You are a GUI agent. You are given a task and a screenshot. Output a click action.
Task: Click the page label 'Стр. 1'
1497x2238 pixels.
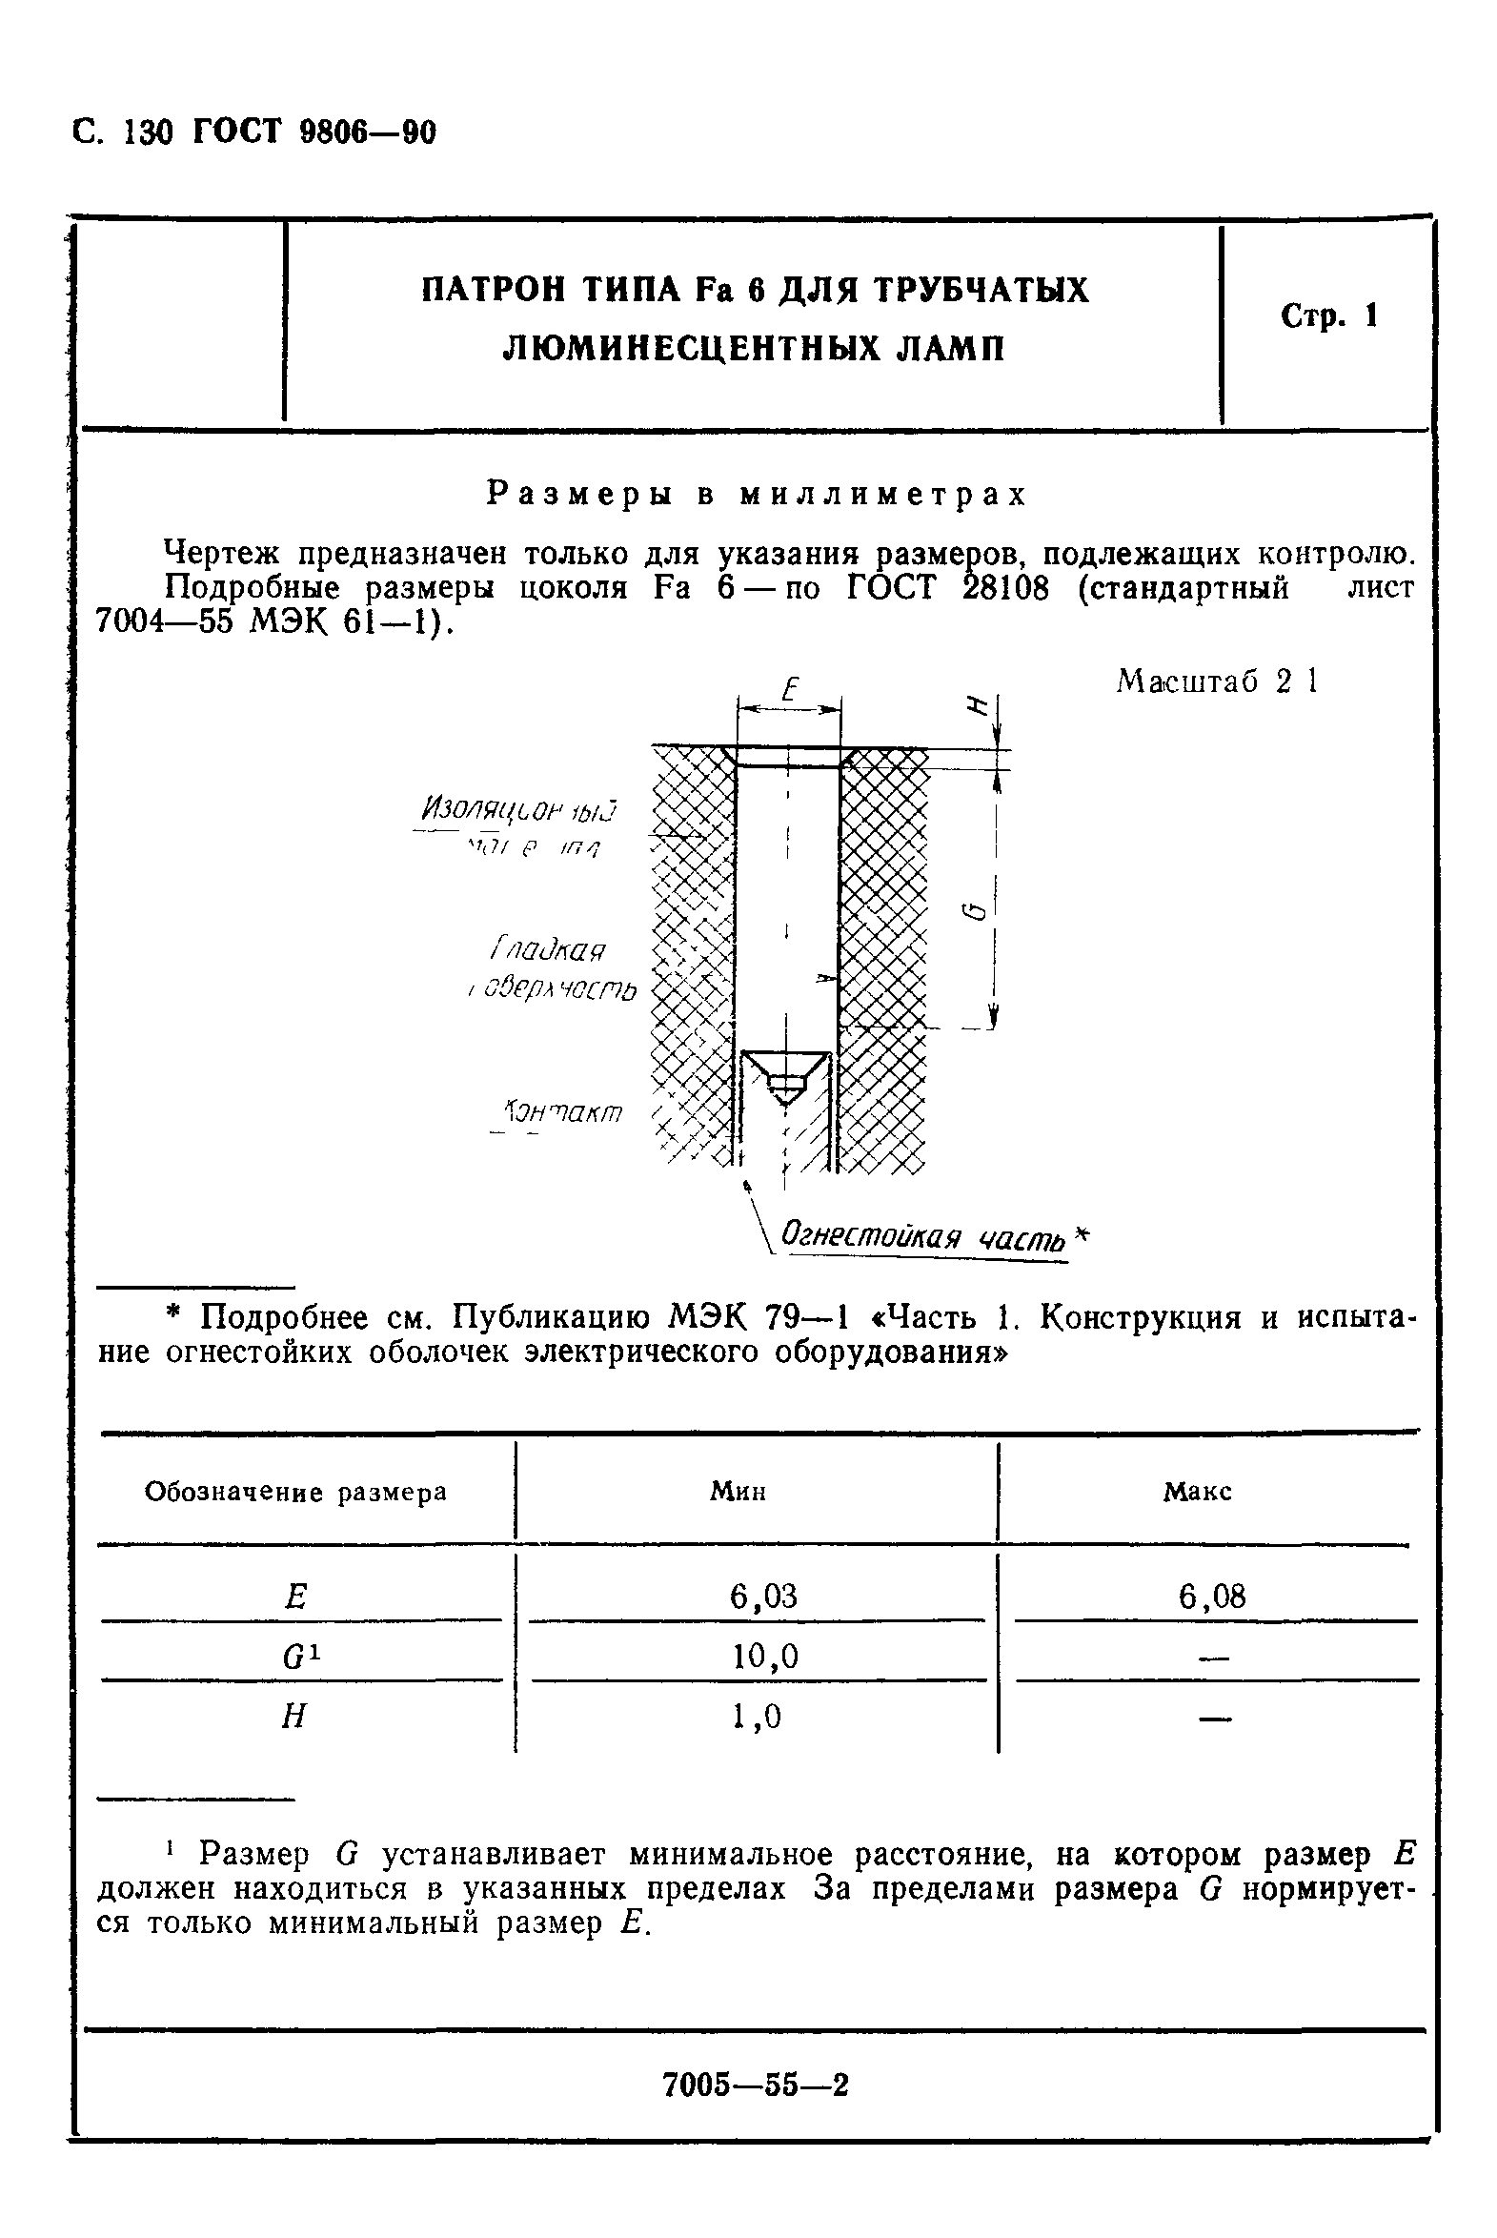1329,317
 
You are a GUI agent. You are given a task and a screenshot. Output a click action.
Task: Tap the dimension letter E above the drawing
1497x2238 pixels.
789,689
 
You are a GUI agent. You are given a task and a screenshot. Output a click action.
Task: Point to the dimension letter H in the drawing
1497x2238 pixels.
976,707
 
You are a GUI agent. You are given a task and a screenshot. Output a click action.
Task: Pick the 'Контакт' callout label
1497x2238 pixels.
563,1112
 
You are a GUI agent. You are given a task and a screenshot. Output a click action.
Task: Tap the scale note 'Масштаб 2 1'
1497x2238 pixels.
1217,682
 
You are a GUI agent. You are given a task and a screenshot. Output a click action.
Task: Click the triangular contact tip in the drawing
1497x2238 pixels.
786,1074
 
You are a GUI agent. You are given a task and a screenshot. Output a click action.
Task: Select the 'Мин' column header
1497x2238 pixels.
738,1493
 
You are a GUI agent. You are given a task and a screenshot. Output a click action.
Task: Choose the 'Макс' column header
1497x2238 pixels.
1197,1493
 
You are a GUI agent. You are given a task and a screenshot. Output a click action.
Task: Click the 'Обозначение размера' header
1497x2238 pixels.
296,1493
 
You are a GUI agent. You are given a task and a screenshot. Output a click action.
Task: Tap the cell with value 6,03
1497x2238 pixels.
763,1596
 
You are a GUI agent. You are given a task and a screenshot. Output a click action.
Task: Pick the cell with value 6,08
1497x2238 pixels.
1212,1596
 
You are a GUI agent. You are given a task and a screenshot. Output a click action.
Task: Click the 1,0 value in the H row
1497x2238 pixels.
758,1717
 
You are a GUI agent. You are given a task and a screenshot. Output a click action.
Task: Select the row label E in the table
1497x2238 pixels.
296,1597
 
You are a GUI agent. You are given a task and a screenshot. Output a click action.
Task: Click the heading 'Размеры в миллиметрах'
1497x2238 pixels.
757,494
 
